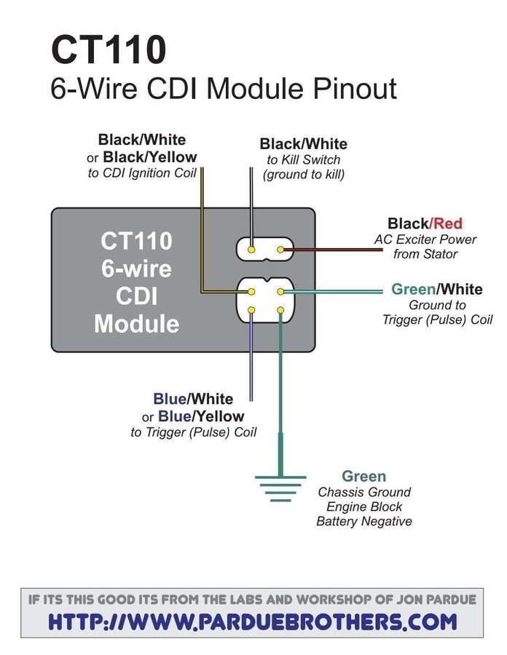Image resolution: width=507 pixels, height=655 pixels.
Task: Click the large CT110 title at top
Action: [x=109, y=49]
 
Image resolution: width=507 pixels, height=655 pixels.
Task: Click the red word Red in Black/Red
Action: [x=447, y=223]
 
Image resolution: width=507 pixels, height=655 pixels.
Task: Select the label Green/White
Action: [x=436, y=289]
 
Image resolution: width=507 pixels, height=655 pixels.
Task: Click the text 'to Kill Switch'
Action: [x=303, y=159]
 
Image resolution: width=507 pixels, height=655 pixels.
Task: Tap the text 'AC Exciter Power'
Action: [x=425, y=239]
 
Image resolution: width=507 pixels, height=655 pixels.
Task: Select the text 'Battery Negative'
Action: [x=363, y=521]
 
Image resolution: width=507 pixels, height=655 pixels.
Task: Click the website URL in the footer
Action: [x=253, y=622]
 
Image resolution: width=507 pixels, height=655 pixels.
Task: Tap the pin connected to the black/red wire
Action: [x=281, y=250]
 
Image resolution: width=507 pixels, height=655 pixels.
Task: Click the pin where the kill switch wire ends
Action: [x=251, y=250]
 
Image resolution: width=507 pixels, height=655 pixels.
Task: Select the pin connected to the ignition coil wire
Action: [x=251, y=291]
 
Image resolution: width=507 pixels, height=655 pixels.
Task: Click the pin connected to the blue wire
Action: [x=251, y=311]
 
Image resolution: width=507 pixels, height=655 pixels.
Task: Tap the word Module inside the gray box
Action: [x=136, y=323]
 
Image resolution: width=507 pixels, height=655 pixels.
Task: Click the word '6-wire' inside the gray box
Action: [x=136, y=269]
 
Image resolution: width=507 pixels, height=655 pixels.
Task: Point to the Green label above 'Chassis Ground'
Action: [x=363, y=477]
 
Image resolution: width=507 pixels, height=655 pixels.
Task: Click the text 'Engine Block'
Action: [x=363, y=507]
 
